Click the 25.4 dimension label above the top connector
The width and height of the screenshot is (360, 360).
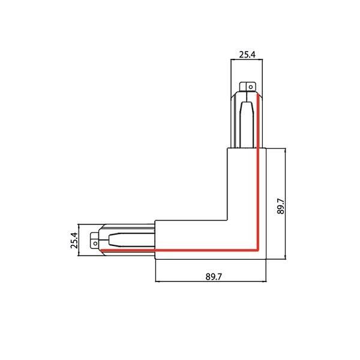point(247,55)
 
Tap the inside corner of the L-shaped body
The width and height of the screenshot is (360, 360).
point(226,220)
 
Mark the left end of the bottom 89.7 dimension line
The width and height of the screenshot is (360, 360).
point(155,281)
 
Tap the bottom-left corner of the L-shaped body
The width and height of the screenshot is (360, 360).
point(155,259)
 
